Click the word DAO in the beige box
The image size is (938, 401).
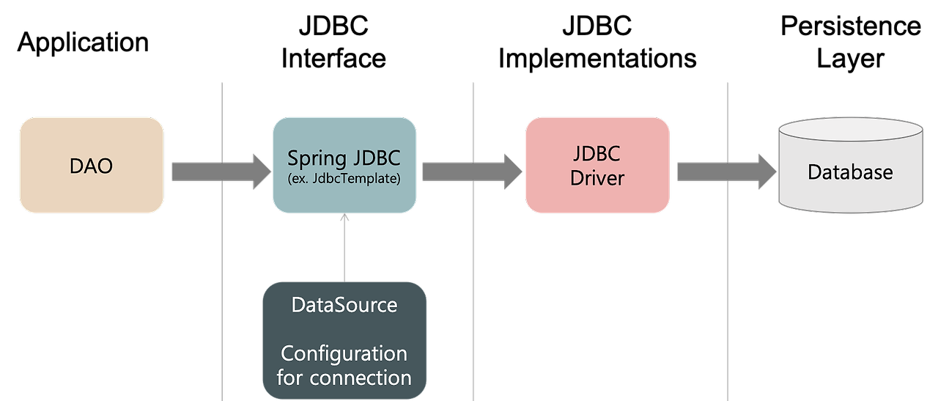[x=92, y=166]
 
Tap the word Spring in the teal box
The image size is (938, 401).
[x=316, y=158]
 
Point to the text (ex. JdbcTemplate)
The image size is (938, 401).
[x=344, y=179]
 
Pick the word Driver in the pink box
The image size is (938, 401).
[x=597, y=178]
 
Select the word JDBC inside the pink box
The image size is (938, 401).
[x=597, y=154]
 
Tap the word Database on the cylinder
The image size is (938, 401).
[x=850, y=172]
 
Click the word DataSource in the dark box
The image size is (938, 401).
[x=344, y=305]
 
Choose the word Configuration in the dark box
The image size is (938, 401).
[x=344, y=354]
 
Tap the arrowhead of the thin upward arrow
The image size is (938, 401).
[x=344, y=217]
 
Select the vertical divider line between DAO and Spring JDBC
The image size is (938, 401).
[x=222, y=293]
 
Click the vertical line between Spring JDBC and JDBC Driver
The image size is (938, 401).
[x=473, y=293]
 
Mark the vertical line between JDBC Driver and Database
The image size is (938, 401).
[x=727, y=293]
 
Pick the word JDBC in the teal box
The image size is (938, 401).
[x=374, y=158]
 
